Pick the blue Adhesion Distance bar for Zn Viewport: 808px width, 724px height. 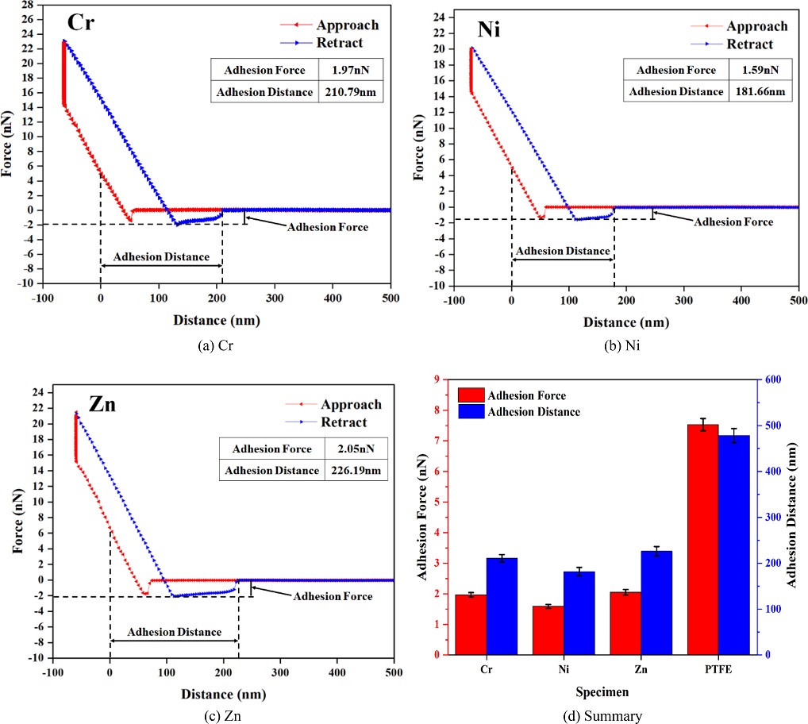click(x=656, y=603)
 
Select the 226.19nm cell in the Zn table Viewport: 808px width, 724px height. click(x=356, y=470)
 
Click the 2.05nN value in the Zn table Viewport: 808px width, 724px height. click(x=356, y=449)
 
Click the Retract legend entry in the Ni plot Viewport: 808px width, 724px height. click(x=746, y=44)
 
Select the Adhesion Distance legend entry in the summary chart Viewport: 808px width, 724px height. click(x=535, y=412)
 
